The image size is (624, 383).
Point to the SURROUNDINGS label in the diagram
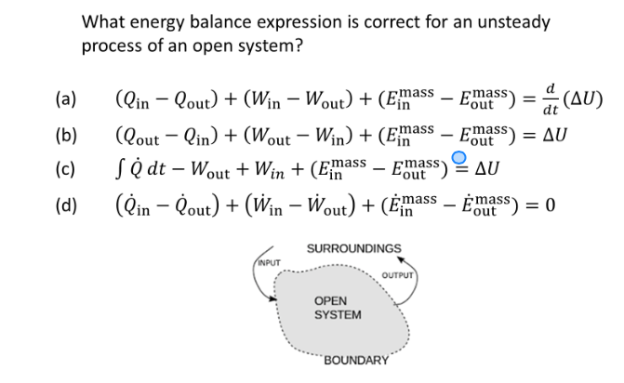pyautogui.click(x=354, y=249)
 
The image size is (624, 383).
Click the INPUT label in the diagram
pyautogui.click(x=268, y=262)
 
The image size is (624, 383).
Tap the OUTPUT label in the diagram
pyautogui.click(x=398, y=275)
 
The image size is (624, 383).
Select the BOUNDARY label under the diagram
pyautogui.click(x=356, y=360)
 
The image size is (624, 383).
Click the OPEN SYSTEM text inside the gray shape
pyautogui.click(x=338, y=308)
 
